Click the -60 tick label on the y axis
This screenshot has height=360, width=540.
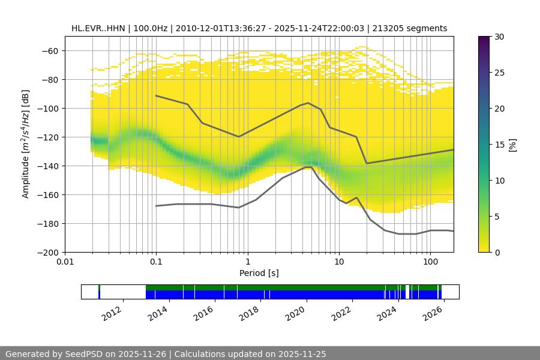[x=49, y=51]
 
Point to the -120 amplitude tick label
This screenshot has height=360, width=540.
[x=47, y=137]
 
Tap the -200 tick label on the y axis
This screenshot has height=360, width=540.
[x=47, y=253]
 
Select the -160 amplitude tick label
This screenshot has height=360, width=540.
[x=47, y=195]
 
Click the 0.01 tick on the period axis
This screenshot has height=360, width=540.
[x=65, y=262]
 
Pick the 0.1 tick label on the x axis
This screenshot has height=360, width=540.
[x=156, y=262]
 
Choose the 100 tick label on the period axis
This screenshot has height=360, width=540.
[x=430, y=262]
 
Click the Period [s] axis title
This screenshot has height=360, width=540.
[x=259, y=273]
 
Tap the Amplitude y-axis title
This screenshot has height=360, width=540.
[x=26, y=144]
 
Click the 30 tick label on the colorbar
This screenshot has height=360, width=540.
[x=499, y=37]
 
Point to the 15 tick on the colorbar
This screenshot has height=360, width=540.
[x=499, y=145]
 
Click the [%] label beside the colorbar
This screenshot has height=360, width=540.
[x=514, y=145]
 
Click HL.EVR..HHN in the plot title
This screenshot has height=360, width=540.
[x=98, y=28]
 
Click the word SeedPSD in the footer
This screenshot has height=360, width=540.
[x=85, y=354]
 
